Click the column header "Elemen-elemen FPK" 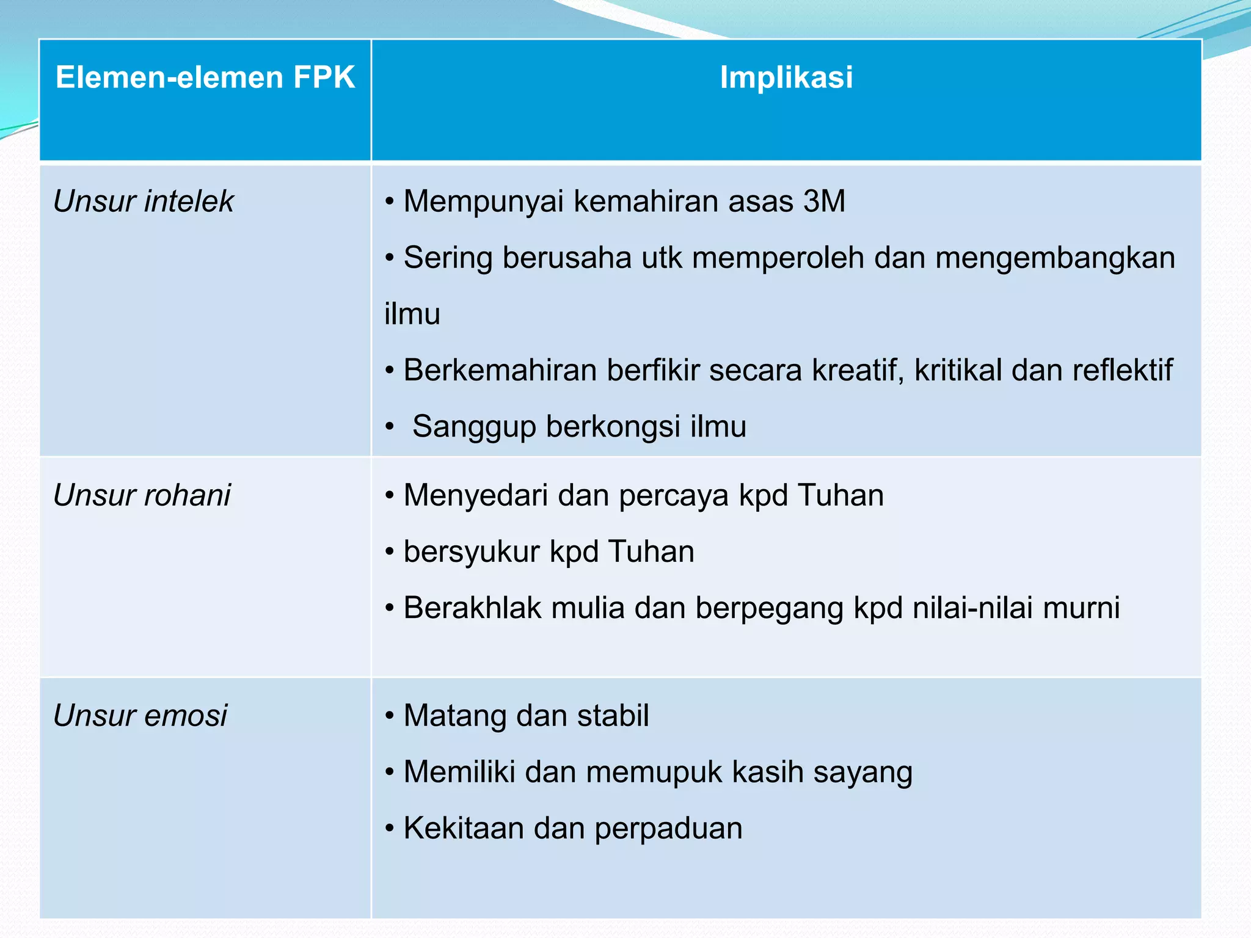click(205, 78)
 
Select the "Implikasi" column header click(786, 78)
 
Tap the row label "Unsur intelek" click(144, 202)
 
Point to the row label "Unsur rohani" click(142, 495)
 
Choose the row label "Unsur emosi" click(140, 716)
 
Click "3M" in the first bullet click(824, 202)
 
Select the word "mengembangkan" click(1055, 258)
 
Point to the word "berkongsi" click(613, 427)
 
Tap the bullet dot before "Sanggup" click(390, 427)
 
